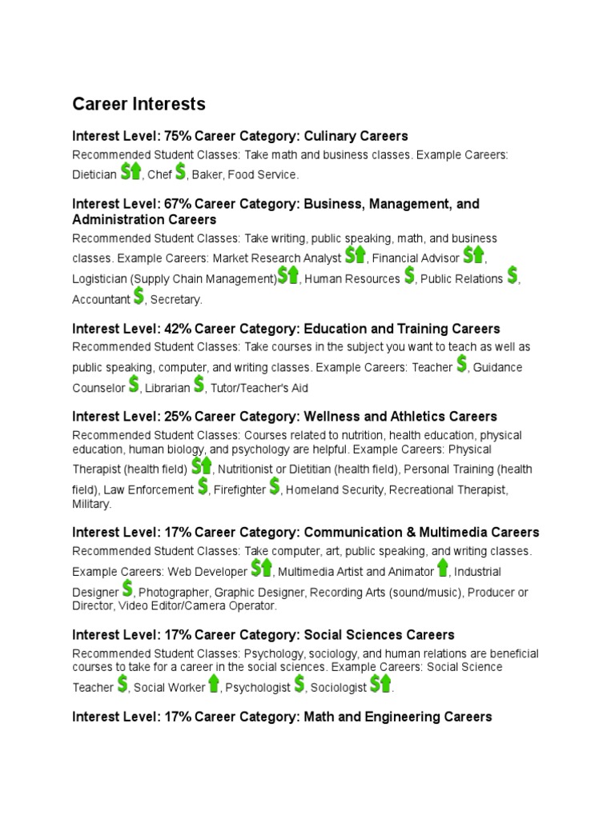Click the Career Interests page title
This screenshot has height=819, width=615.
click(x=139, y=104)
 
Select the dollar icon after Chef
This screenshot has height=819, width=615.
click(x=180, y=171)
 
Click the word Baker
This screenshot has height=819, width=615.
click(x=207, y=174)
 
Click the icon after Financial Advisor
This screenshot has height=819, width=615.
click(x=473, y=255)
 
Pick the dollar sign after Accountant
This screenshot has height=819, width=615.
click(x=139, y=297)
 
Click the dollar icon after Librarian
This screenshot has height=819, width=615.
click(x=199, y=385)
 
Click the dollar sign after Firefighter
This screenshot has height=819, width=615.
click(x=275, y=486)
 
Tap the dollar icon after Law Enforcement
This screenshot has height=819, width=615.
click(x=203, y=486)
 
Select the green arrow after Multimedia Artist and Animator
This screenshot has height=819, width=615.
click(x=443, y=569)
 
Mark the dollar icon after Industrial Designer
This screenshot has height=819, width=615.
click(x=127, y=589)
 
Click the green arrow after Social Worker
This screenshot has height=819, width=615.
click(x=214, y=684)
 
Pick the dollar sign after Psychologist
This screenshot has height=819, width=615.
click(x=299, y=684)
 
